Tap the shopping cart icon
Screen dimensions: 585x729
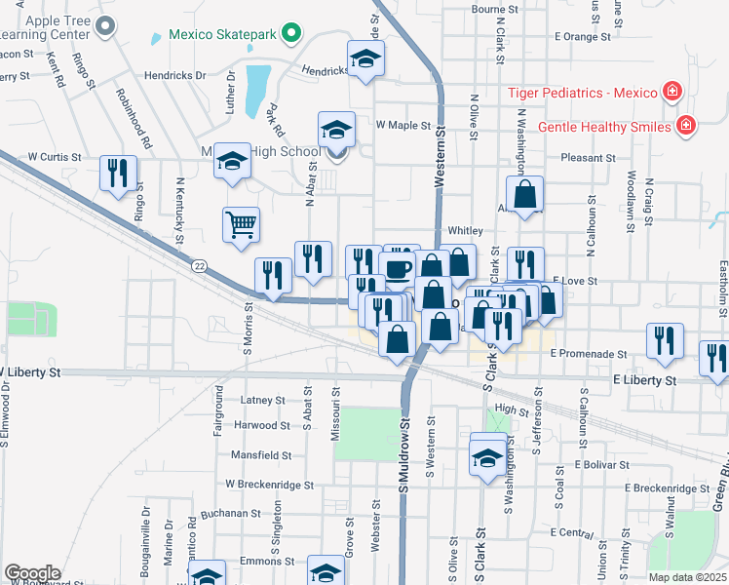(x=241, y=224)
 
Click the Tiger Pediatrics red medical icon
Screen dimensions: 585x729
(x=671, y=94)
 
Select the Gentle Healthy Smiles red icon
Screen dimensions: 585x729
(x=686, y=127)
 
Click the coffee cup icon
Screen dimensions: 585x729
(x=397, y=268)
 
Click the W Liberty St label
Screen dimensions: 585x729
(x=31, y=372)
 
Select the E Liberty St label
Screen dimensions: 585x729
(x=643, y=379)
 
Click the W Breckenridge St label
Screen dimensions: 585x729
(x=269, y=484)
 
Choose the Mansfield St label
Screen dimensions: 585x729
(x=260, y=455)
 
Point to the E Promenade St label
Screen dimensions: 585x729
(x=590, y=353)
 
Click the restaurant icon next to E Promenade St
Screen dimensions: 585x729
(x=664, y=340)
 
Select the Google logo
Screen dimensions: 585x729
(x=32, y=573)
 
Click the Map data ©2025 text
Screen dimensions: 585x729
(x=687, y=577)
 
